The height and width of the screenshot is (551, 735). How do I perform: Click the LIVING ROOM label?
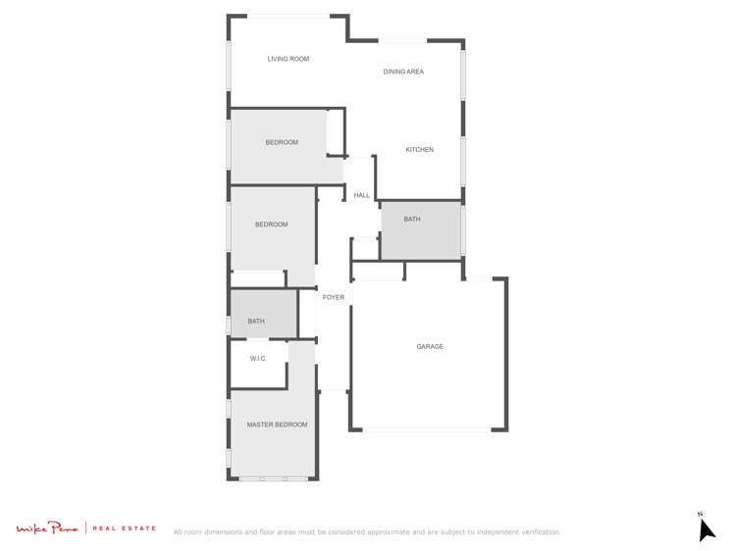[288, 59]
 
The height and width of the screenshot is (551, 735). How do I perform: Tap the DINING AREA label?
[403, 72]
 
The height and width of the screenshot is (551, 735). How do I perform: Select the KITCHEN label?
[419, 150]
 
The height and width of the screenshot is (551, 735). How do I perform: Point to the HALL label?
[362, 195]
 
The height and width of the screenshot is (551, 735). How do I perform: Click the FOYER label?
[334, 297]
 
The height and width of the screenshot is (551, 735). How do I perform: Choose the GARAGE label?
[430, 347]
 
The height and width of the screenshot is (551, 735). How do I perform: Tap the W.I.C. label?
[258, 359]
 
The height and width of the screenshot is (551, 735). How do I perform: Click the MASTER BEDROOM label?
[277, 425]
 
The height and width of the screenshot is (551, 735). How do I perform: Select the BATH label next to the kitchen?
[412, 220]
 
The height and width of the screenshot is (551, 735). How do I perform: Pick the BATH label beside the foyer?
[256, 322]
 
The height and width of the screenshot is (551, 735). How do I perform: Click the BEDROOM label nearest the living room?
[282, 143]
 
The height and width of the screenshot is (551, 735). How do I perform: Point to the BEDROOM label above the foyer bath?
[272, 225]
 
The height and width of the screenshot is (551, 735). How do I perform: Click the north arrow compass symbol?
[706, 529]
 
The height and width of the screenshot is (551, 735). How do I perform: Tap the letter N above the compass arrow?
[700, 514]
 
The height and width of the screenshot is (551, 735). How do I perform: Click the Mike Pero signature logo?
[47, 529]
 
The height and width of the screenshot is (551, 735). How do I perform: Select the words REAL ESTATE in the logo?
[125, 529]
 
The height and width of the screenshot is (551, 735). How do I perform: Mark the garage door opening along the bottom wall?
[428, 429]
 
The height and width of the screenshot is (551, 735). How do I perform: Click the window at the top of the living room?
[288, 16]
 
